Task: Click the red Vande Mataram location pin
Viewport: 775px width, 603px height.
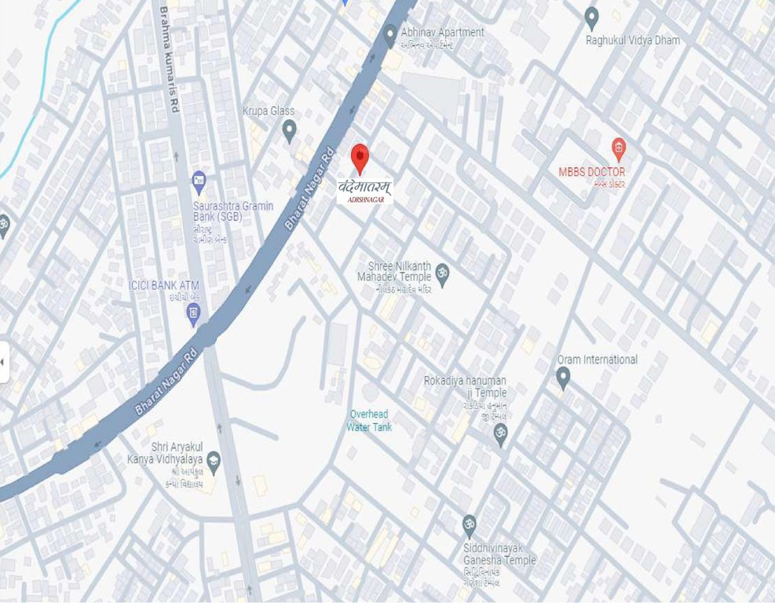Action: coord(360,158)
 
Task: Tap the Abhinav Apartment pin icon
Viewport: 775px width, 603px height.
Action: coord(390,35)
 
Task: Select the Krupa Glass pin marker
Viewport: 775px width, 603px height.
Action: coord(290,130)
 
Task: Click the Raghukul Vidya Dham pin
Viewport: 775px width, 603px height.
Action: coord(592,17)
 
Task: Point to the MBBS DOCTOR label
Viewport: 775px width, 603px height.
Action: coord(592,172)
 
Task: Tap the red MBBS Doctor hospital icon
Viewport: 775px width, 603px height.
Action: coord(619,148)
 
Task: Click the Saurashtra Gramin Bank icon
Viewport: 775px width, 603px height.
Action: coord(199,181)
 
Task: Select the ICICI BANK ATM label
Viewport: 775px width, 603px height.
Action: coord(164,284)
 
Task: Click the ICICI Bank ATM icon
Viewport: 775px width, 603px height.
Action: coord(193,314)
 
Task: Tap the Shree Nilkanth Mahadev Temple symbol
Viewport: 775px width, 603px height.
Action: coord(442,274)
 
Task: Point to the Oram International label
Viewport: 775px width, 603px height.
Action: coord(598,360)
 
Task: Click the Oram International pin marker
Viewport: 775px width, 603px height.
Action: coord(563,378)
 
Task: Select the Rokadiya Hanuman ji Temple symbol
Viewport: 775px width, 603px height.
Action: coord(500,434)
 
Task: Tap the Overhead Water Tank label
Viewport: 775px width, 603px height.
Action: coord(369,421)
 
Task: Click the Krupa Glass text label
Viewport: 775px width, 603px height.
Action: coord(269,111)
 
